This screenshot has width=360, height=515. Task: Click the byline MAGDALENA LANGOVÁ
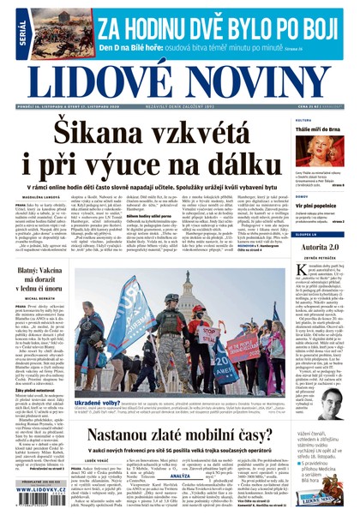coord(34,204)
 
